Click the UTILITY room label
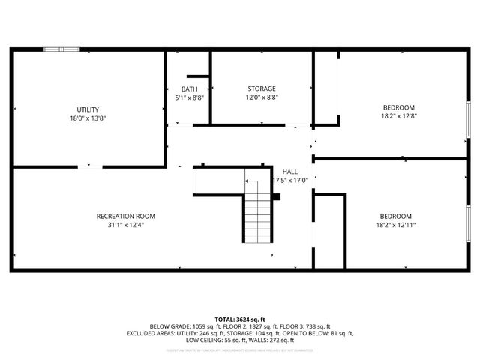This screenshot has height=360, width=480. tap(88, 109)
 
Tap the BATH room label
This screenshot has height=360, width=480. tap(189, 88)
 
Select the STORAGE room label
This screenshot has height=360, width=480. tap(262, 88)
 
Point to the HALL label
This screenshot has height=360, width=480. tap(289, 171)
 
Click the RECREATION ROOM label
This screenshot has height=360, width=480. tap(126, 216)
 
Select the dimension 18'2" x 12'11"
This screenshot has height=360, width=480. tap(395, 224)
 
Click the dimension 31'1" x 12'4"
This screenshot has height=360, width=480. tap(126, 224)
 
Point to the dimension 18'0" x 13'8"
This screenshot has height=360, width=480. tap(88, 118)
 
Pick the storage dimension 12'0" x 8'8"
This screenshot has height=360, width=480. tap(262, 97)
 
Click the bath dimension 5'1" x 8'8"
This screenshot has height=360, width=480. tap(189, 97)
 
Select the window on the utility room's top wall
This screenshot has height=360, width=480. tap(61, 49)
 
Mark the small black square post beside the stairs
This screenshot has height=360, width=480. tap(276, 197)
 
